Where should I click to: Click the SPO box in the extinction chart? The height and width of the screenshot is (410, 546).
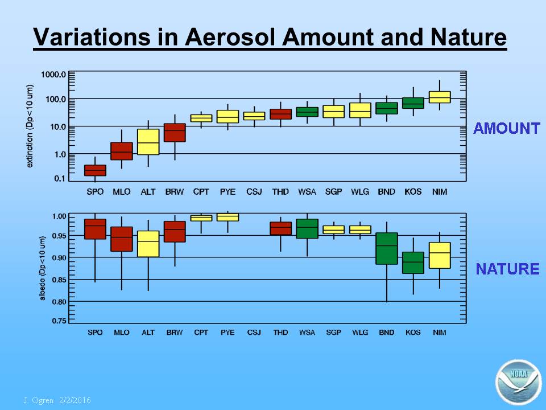pyautogui.click(x=95, y=170)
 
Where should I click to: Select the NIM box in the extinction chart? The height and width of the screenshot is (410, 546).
pyautogui.click(x=440, y=97)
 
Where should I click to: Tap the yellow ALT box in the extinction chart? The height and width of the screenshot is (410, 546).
pyautogui.click(x=148, y=142)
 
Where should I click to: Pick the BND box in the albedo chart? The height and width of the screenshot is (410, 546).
pyautogui.click(x=387, y=248)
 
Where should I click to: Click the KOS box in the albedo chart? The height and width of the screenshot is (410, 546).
pyautogui.click(x=413, y=263)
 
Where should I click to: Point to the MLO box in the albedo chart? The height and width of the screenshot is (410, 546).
pyautogui.click(x=122, y=239)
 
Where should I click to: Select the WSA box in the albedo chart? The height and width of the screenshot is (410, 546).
pyautogui.click(x=307, y=229)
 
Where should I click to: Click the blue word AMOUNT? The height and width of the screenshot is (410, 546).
pyautogui.click(x=507, y=128)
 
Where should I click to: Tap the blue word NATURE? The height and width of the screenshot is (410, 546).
pyautogui.click(x=508, y=269)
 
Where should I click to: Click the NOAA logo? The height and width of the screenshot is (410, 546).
pyautogui.click(x=519, y=382)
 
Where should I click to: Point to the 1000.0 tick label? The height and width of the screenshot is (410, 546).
pyautogui.click(x=53, y=74)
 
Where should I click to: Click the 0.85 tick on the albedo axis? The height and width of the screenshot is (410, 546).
pyautogui.click(x=59, y=280)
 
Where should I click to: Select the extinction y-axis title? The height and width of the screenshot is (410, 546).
pyautogui.click(x=30, y=126)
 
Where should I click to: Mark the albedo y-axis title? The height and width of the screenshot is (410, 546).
pyautogui.click(x=43, y=268)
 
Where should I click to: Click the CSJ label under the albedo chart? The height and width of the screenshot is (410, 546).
pyautogui.click(x=254, y=332)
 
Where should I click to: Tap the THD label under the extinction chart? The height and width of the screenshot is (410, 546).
pyautogui.click(x=280, y=192)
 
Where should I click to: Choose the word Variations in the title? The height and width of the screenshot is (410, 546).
pyautogui.click(x=92, y=36)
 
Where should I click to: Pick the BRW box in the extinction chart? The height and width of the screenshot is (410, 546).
pyautogui.click(x=175, y=133)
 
